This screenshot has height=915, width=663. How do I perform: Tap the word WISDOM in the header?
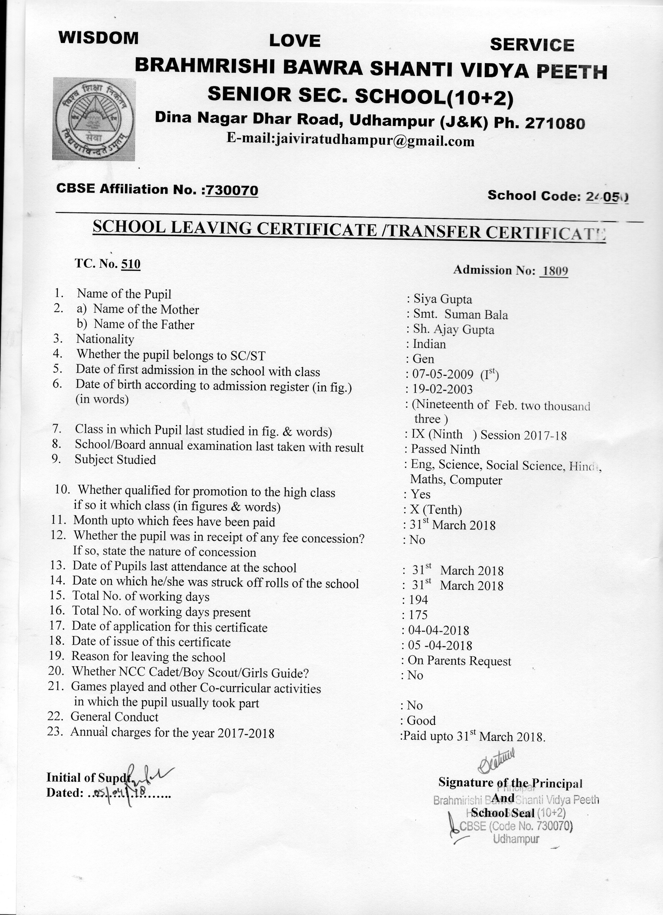coord(98,38)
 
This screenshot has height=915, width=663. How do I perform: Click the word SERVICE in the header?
coord(532,45)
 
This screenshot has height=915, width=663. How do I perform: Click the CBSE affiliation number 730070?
coord(231,190)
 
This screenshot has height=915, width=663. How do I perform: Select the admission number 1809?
coord(555,271)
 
